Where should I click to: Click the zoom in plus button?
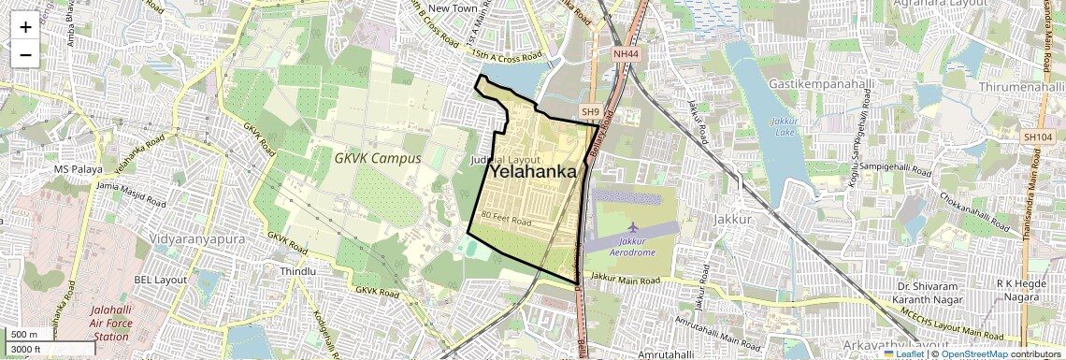(25, 26)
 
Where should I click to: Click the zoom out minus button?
(25, 55)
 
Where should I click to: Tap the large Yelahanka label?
(532, 172)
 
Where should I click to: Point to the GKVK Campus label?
(377, 158)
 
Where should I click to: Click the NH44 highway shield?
(627, 55)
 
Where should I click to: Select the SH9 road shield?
(589, 112)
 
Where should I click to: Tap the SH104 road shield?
(1038, 137)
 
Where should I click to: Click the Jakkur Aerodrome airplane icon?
(635, 227)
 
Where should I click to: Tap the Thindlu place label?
(297, 271)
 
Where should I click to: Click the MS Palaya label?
(77, 169)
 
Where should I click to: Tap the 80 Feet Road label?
(506, 219)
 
